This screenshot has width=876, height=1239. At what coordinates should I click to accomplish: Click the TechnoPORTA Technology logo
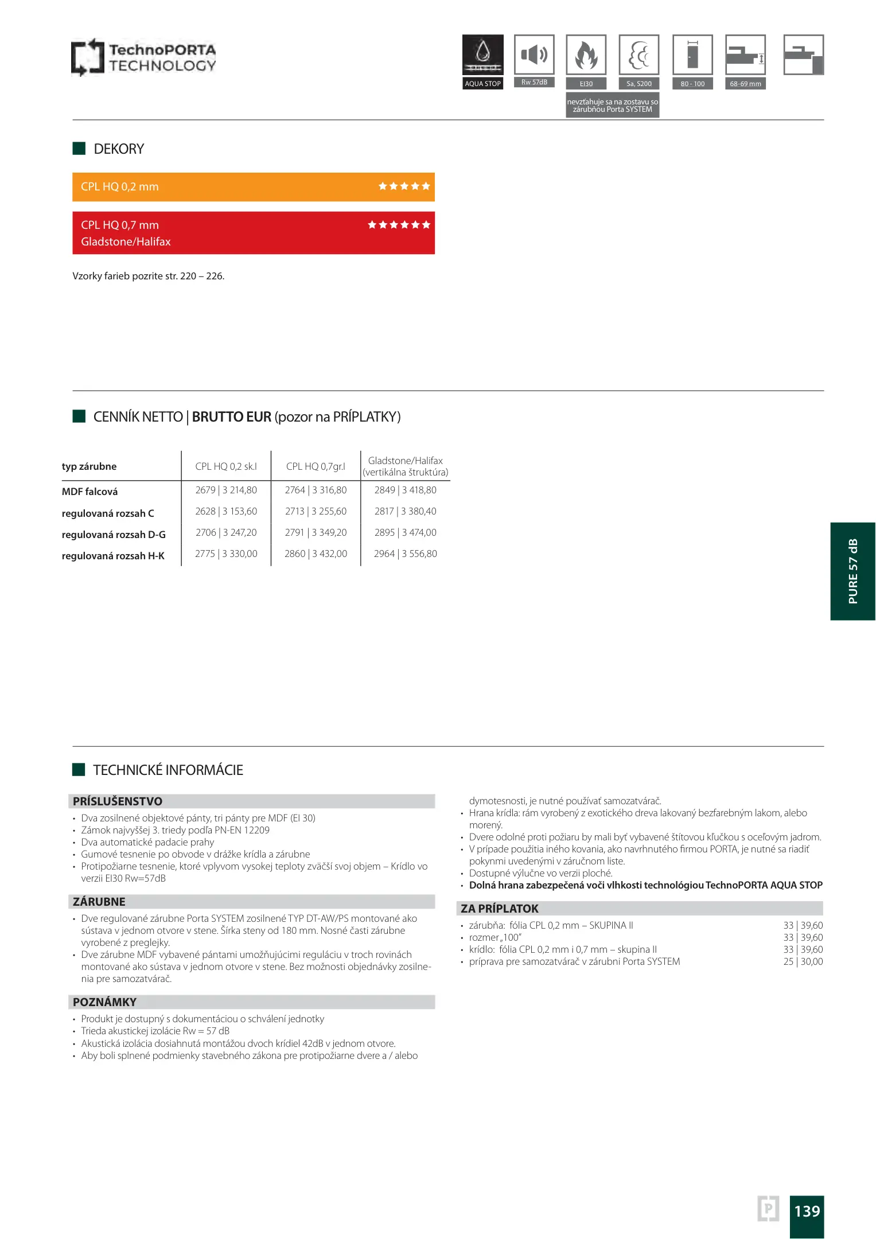(143, 57)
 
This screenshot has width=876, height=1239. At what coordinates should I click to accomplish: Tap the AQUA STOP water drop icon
(482, 54)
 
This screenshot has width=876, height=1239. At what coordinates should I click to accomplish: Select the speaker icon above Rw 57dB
(534, 54)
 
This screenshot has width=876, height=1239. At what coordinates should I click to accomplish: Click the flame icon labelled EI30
(586, 54)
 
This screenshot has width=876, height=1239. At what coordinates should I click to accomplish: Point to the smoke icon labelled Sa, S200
(638, 54)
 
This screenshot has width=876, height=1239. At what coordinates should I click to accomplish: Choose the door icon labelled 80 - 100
(692, 54)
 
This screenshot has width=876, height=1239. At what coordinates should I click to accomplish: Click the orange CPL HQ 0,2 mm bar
(253, 187)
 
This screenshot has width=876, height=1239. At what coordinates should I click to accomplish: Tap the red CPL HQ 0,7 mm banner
(253, 233)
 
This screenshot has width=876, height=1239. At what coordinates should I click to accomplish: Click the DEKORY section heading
(119, 149)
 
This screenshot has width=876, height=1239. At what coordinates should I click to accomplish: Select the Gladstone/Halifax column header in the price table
(405, 466)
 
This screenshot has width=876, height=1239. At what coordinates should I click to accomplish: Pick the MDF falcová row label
(90, 492)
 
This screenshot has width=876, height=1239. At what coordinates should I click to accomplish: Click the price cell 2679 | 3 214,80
(226, 490)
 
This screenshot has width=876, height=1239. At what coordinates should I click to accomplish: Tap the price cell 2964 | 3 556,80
(405, 554)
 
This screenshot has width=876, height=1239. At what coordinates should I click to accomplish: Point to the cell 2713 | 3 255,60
(316, 512)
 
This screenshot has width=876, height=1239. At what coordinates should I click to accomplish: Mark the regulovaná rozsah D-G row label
(114, 535)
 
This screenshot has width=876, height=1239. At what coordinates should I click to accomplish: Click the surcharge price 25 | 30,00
(803, 962)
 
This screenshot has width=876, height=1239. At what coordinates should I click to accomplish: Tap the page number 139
(807, 1211)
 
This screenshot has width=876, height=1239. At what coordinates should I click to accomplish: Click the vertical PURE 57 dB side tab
(852, 571)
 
